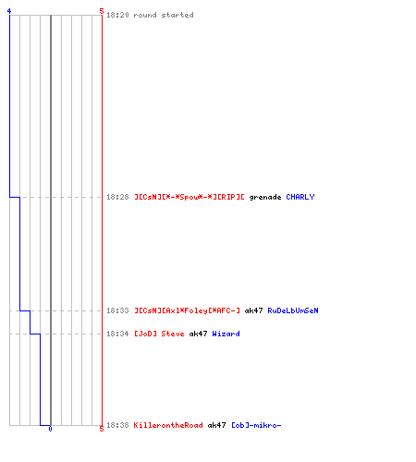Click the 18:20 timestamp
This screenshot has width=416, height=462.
click(x=117, y=15)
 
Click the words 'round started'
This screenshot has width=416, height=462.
click(x=164, y=15)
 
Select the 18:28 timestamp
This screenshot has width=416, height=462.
click(x=117, y=197)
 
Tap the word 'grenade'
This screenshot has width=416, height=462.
click(x=265, y=198)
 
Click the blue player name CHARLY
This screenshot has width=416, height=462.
click(x=300, y=197)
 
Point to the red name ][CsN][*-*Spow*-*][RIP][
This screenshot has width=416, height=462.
click(x=190, y=197)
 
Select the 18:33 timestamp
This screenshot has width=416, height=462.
click(x=117, y=310)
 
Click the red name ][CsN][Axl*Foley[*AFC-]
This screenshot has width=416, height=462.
click(x=187, y=310)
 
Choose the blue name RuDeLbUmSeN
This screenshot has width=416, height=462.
click(x=293, y=310)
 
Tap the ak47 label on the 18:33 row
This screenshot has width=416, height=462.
click(x=253, y=310)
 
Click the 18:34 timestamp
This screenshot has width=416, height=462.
click(x=117, y=334)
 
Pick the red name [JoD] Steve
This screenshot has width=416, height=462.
click(x=159, y=334)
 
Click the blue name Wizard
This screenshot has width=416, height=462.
click(x=226, y=334)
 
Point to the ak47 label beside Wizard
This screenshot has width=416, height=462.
click(x=198, y=334)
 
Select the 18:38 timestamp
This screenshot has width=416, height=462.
click(x=117, y=425)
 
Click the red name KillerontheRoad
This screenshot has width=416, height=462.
click(x=168, y=425)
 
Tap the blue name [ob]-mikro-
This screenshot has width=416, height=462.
click(x=256, y=425)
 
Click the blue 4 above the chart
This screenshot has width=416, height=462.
click(x=9, y=11)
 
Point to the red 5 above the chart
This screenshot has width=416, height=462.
click(x=102, y=11)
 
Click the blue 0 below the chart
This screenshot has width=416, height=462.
click(x=50, y=429)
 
